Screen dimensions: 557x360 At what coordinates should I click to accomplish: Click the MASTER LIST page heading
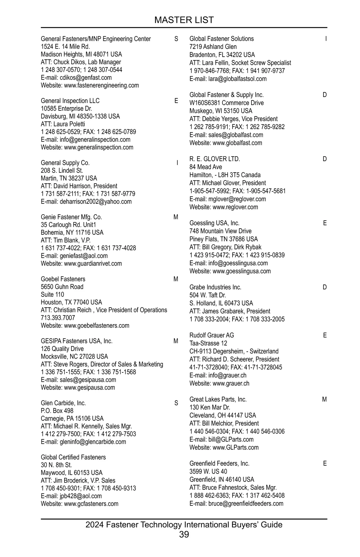pos(184,20)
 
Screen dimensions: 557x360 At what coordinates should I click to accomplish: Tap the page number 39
pos(184,534)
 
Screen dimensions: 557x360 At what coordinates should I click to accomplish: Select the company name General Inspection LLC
pos(70,101)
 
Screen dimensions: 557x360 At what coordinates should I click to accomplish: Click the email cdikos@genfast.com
pos(86,78)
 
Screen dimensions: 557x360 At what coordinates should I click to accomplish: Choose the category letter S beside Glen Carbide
pos(176,403)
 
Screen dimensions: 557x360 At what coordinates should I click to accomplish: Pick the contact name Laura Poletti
pos(69,124)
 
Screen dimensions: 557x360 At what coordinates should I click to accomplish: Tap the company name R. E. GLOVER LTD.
pos(215,159)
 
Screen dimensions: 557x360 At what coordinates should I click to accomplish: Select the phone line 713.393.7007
pos(58,318)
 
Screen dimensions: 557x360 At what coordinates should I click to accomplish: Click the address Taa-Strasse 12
pos(208,343)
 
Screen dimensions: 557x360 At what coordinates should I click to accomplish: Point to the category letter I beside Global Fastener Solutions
pos(326,39)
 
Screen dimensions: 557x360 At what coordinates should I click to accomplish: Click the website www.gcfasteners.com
pos(91,504)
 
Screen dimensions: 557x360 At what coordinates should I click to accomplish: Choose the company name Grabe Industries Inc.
pos(215,287)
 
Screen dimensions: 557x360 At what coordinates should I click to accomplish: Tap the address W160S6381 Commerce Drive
pos(226,103)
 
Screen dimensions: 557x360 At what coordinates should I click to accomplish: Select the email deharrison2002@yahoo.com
pos(96,202)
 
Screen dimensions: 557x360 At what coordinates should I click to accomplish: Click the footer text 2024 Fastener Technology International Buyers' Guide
pos(184,525)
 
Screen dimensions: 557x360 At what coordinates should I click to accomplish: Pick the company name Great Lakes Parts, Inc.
pos(218,399)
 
